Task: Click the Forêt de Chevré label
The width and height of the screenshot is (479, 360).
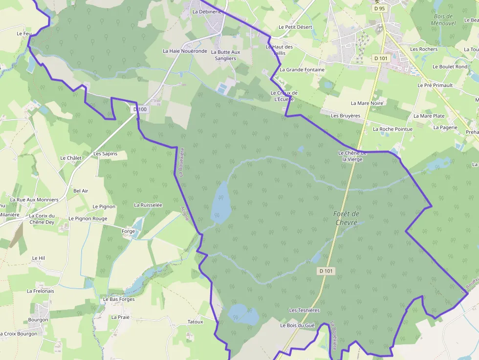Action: pos(347,218)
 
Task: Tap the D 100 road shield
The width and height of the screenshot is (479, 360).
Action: pos(140,109)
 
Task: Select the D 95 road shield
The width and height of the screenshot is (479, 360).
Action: pos(379,8)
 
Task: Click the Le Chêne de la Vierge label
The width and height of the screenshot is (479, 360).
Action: pos(352,156)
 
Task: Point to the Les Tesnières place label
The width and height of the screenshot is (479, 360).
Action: pos(304,310)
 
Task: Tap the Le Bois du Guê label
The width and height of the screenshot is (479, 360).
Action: pos(297,325)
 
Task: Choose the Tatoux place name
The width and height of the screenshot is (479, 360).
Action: pos(195,321)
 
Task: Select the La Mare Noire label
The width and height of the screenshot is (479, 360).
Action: pos(367,103)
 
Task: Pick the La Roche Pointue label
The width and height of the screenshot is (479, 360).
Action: pos(392,129)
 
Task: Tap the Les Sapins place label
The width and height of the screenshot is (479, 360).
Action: pos(105,153)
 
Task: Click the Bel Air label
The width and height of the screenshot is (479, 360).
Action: pos(81,191)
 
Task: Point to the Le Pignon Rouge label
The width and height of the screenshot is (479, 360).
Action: pos(88,218)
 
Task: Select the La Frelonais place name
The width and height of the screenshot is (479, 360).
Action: pos(41,291)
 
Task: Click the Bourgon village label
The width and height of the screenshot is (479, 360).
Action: pos(38,320)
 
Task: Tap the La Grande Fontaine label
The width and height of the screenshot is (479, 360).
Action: pos(302,70)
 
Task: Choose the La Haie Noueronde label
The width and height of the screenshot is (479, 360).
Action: pos(185,51)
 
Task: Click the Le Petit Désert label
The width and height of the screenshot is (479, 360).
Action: pos(295,27)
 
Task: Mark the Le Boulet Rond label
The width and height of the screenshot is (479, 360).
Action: pos(450,66)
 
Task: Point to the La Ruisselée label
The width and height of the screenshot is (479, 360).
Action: pos(148,205)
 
